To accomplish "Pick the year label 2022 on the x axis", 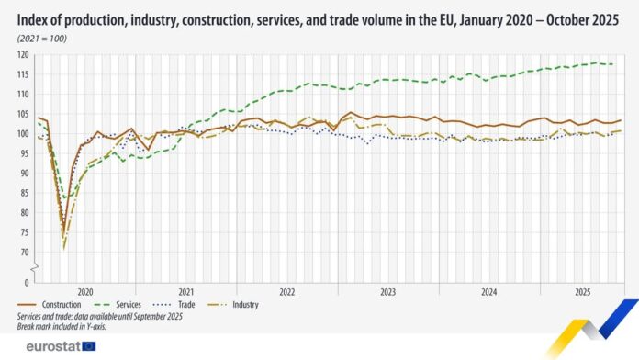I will point(286,291).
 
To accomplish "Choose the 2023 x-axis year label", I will point(387,291).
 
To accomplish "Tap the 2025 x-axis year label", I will point(581,291).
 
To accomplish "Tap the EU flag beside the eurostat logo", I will point(89,346).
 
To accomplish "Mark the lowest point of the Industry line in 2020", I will point(64,248).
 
